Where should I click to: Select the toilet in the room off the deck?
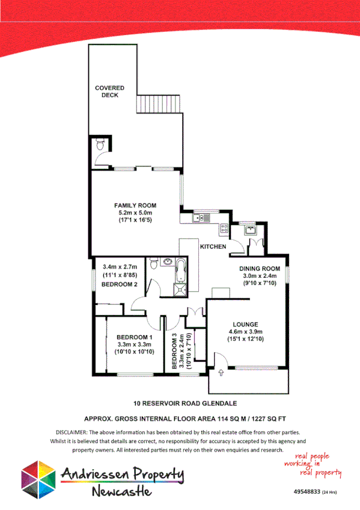pyautogui.click(x=100, y=144)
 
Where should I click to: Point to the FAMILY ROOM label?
pyautogui.click(x=135, y=205)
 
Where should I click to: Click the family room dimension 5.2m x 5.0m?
pyautogui.click(x=135, y=213)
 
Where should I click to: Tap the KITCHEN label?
pyautogui.click(x=213, y=247)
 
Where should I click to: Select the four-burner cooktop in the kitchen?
pyautogui.click(x=224, y=228)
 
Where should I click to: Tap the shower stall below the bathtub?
pyautogui.click(x=180, y=288)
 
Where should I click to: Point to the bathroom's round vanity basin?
pyautogui.click(x=154, y=263)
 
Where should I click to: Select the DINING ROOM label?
pyautogui.click(x=260, y=268)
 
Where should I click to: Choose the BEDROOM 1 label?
pyautogui.click(x=133, y=337)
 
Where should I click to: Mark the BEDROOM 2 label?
pyautogui.click(x=120, y=284)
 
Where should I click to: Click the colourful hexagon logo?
pyautogui.click(x=38, y=480)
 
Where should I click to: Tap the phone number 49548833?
pyautogui.click(x=307, y=491)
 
